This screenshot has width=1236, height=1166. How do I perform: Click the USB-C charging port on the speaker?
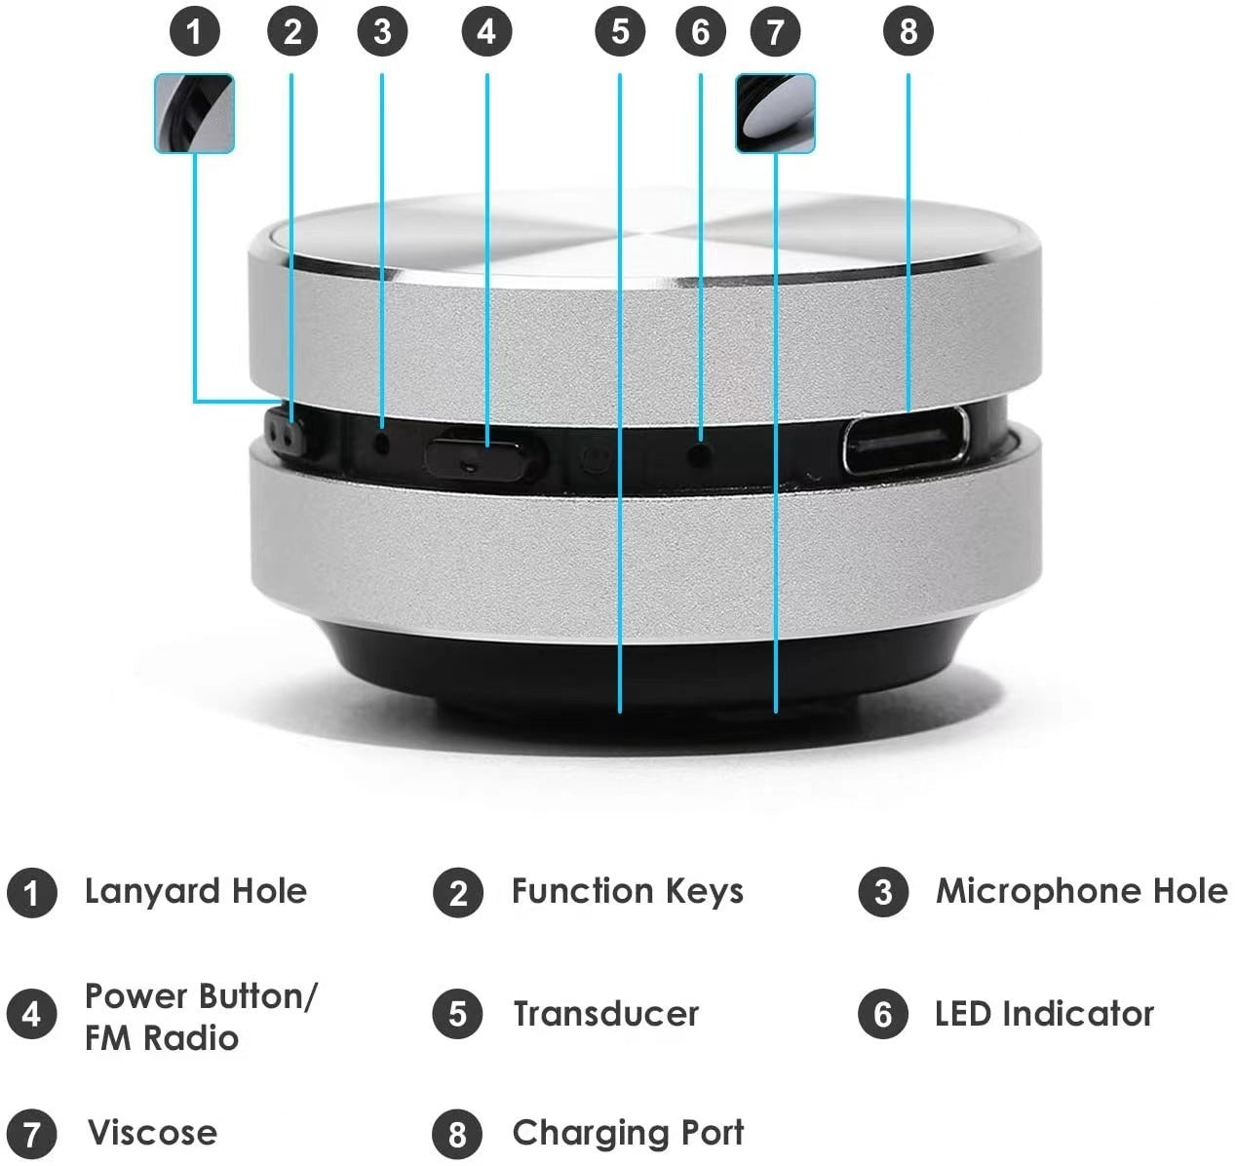pos(906,441)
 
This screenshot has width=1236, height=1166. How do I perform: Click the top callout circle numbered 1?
pos(194,32)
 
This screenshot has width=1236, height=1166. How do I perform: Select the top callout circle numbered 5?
pos(620,32)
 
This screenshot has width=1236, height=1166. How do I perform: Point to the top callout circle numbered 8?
pos(908,32)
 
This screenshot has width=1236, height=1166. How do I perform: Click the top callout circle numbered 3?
pos(381,32)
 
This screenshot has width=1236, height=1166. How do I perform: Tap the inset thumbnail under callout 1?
pos(194,113)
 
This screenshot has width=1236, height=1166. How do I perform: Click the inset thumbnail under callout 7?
pos(775,113)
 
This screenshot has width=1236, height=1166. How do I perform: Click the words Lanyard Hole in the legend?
pos(195,891)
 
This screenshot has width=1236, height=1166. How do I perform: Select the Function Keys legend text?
pos(627,891)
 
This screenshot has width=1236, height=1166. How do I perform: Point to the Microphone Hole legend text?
pos(1081,891)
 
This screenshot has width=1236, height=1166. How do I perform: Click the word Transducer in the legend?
pos(605,1014)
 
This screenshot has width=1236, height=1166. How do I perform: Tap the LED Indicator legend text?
pos(1044,1014)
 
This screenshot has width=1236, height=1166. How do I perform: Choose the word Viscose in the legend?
pos(152,1133)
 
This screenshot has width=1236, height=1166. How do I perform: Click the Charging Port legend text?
pos(628,1133)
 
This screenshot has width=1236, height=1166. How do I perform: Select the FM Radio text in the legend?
pos(162,1037)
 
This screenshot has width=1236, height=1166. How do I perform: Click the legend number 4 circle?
pos(31,1014)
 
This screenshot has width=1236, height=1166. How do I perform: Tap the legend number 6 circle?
pos(883,1014)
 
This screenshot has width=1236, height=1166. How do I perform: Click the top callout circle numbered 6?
pos(700,32)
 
